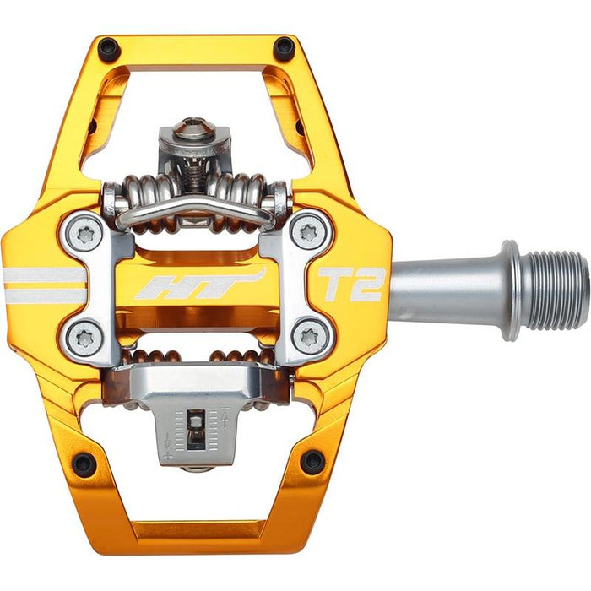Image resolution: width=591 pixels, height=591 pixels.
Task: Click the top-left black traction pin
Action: pos(108,48)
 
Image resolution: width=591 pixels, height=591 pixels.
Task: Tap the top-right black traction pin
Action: pos(285,48)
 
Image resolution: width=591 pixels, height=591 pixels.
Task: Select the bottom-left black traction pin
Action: pos(83,463)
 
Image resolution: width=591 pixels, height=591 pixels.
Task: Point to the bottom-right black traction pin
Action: pos(312,461)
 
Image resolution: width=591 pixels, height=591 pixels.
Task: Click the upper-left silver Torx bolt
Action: pos(84,231)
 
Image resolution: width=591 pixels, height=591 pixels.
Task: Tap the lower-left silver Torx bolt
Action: pos(84,337)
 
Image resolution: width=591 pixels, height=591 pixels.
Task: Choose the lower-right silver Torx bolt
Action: pos(307,337)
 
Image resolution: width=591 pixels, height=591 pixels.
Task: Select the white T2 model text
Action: pos(351,285)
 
